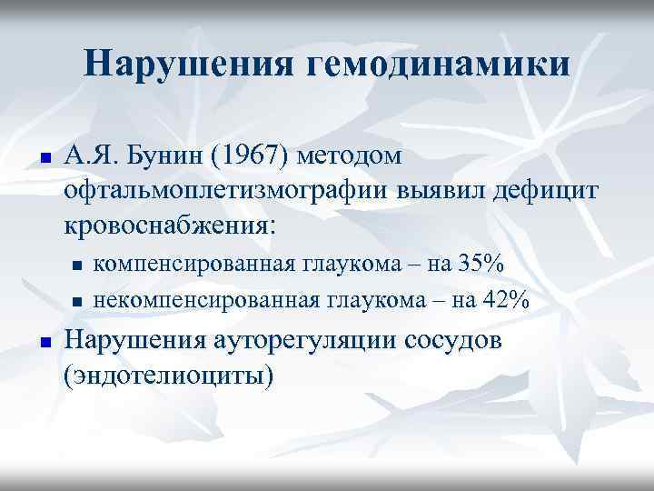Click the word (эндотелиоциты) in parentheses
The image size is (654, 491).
(x=168, y=374)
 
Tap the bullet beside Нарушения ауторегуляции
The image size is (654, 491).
(x=44, y=343)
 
